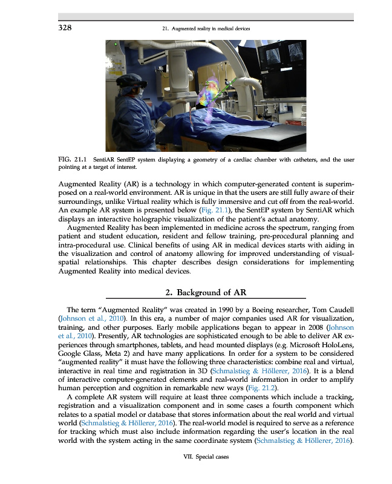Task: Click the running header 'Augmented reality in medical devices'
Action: (x=206, y=28)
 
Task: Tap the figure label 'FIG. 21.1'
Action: (x=71, y=160)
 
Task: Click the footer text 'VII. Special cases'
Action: (x=206, y=457)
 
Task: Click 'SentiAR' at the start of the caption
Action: (x=113, y=160)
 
